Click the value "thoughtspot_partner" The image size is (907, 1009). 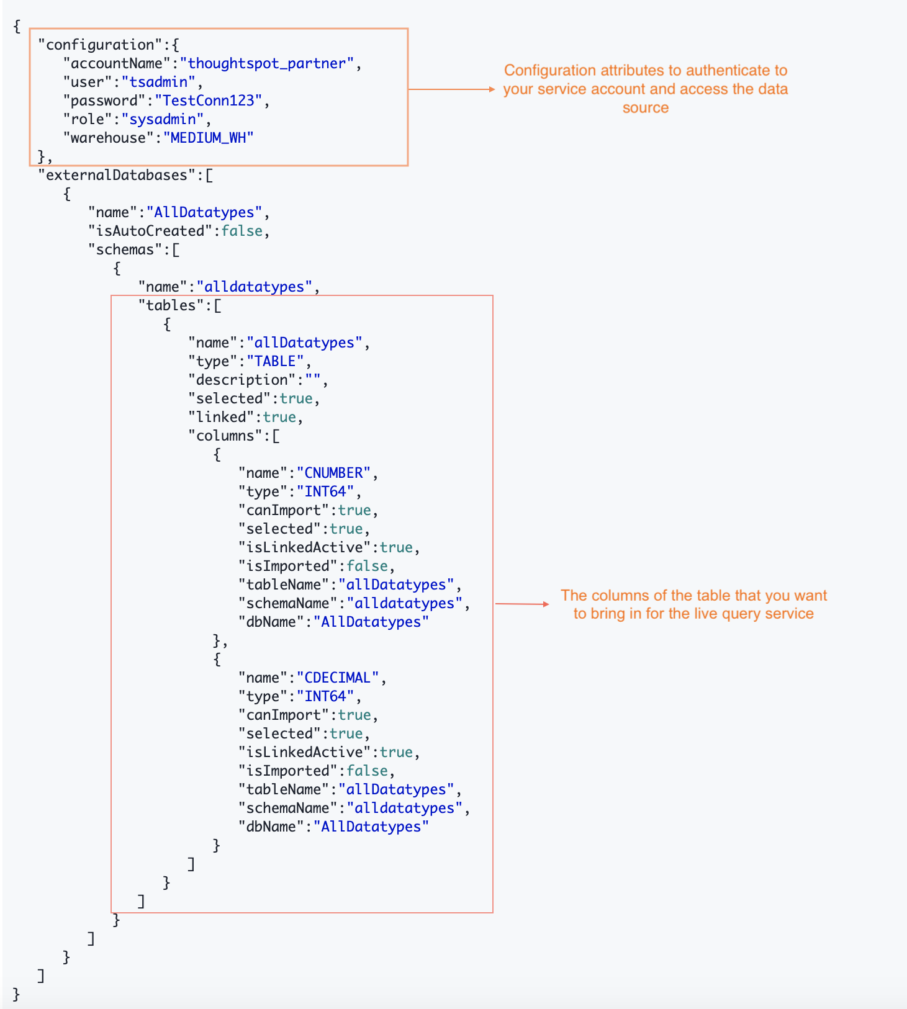tap(267, 63)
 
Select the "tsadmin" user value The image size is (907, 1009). tap(158, 82)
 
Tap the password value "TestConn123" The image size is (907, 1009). tap(209, 101)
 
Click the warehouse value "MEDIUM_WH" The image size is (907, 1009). tap(209, 138)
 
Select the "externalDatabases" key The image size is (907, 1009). tap(116, 175)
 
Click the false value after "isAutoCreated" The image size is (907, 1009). tap(242, 231)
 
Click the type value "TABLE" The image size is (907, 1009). tap(275, 361)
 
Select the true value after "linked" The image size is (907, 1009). tap(279, 417)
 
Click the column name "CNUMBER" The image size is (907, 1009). tap(333, 473)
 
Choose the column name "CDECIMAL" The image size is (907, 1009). tap(337, 678)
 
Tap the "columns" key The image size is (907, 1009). tap(225, 436)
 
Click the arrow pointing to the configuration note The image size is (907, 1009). tap(451, 89)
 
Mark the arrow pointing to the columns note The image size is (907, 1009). tap(522, 604)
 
